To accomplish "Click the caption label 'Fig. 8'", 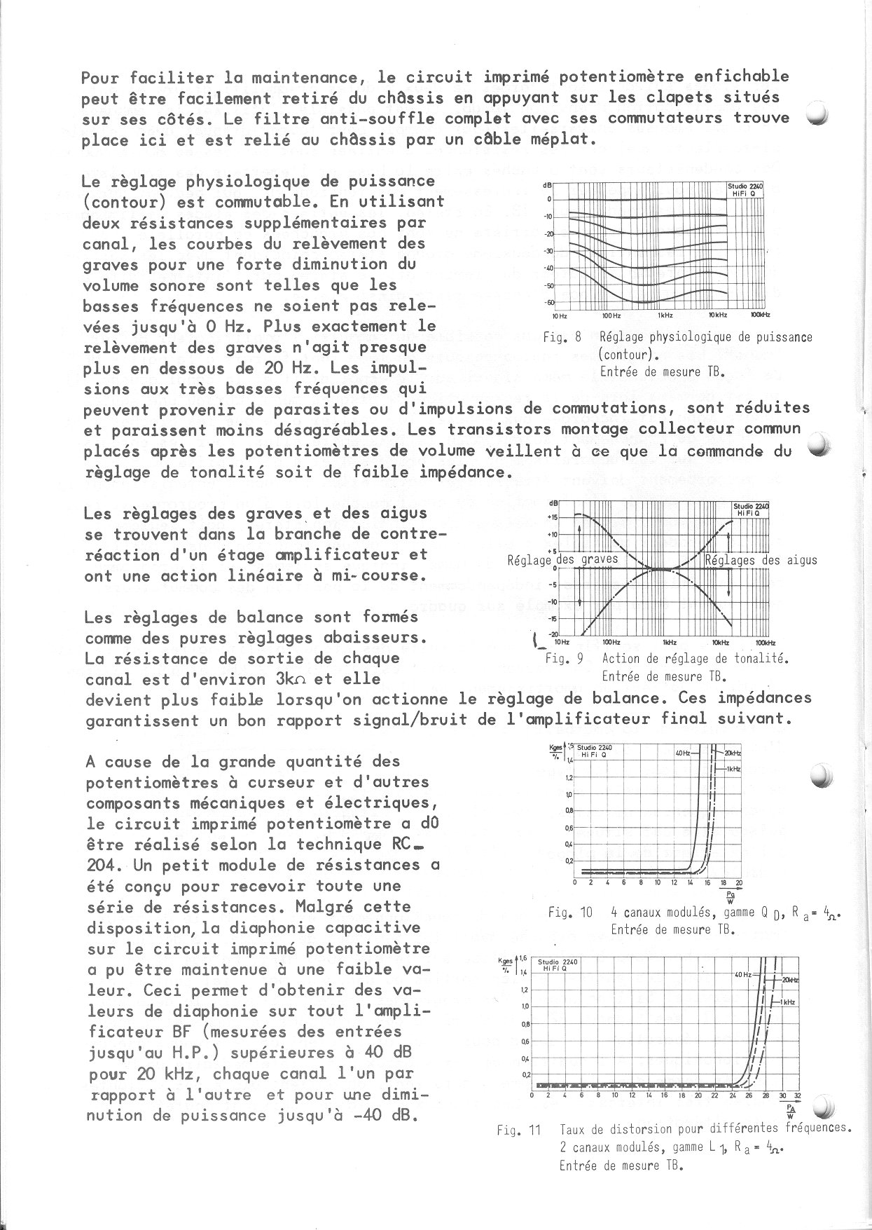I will point(562,337).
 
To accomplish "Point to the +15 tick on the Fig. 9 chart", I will point(552,517).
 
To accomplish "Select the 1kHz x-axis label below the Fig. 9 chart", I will point(670,642).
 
